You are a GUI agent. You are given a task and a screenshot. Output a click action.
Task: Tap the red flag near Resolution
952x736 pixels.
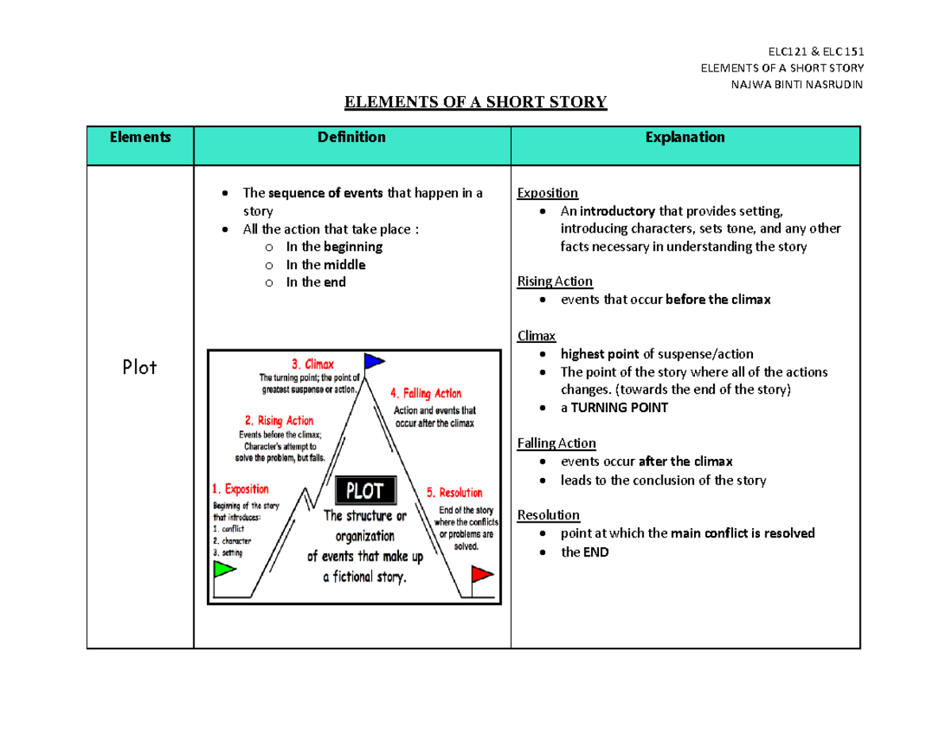click(481, 573)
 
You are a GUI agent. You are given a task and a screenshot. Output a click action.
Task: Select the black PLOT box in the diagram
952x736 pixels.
click(364, 490)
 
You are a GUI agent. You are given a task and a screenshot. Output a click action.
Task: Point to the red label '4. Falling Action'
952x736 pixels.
click(425, 393)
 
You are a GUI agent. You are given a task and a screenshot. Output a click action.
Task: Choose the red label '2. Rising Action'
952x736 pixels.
click(278, 421)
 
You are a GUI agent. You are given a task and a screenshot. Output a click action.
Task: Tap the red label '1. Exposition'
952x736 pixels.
click(240, 489)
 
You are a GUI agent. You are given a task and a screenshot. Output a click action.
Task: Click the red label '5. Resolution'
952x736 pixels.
click(455, 492)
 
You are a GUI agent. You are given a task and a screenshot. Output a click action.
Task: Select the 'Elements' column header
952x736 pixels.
click(140, 137)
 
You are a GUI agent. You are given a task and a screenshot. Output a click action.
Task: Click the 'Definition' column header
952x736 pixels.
click(351, 137)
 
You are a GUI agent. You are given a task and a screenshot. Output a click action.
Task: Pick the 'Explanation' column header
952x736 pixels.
click(685, 137)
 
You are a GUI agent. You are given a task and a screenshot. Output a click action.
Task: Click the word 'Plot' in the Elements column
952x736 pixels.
click(140, 367)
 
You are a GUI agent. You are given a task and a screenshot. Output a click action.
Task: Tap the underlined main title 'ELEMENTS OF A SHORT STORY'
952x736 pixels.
click(474, 102)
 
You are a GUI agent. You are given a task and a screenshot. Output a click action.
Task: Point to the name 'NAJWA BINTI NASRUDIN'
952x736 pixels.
click(801, 85)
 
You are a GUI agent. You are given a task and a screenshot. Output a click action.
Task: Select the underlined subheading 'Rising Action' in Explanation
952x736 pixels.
click(555, 282)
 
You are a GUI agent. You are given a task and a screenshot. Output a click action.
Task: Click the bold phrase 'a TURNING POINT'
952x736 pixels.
click(614, 407)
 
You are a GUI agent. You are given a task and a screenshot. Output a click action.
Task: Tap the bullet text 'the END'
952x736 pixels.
click(585, 552)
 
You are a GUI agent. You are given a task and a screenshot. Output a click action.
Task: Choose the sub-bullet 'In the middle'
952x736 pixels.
click(325, 264)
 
